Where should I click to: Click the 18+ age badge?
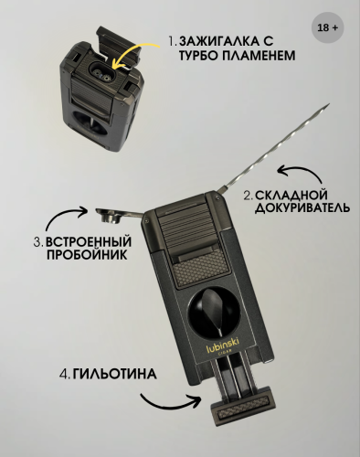pyautogui.click(x=327, y=27)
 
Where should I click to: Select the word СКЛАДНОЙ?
pyautogui.click(x=291, y=195)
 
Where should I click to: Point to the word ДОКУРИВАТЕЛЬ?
pyautogui.click(x=302, y=207)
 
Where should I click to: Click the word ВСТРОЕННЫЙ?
pyautogui.click(x=89, y=241)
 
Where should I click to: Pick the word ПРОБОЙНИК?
pyautogui.click(x=87, y=255)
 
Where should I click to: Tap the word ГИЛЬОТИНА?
pyautogui.click(x=115, y=374)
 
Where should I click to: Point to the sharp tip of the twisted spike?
pyautogui.click(x=329, y=104)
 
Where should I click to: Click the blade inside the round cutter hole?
pyautogui.click(x=214, y=309)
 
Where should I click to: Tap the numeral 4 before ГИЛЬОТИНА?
pyautogui.click(x=63, y=374)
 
